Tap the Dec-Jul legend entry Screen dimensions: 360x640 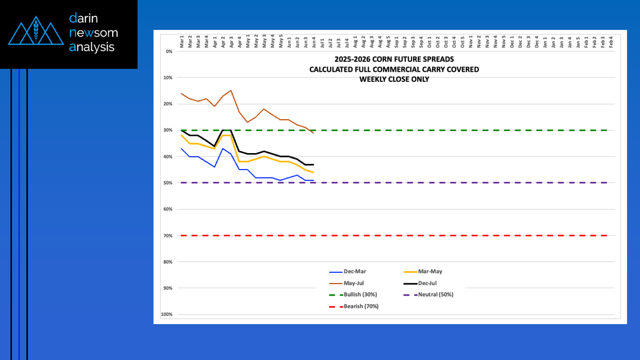click(429, 283)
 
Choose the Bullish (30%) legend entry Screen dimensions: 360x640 click(360, 295)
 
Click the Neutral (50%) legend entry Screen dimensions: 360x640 click(436, 295)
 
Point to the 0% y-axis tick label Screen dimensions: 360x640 click(168, 51)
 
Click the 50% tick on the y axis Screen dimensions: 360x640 click(167, 183)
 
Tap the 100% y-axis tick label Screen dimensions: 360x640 click(166, 315)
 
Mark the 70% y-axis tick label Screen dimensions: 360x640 click(167, 236)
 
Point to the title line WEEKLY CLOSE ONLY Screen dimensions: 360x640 click(394, 79)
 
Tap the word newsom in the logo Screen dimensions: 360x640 click(94, 33)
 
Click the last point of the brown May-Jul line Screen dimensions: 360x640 click(313, 133)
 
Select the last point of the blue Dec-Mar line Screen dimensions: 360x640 click(313, 180)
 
